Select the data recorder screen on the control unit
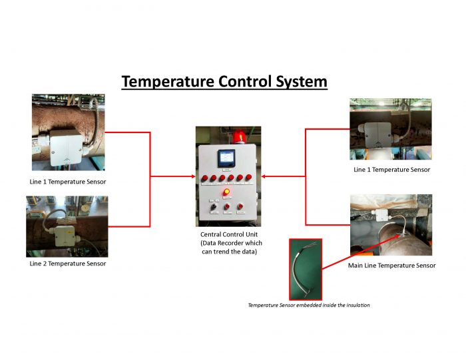point(226,159)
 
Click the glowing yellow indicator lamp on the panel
point(226,193)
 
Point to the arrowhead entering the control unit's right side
point(264,177)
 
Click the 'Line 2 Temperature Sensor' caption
point(67,264)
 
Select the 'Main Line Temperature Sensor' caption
point(391,266)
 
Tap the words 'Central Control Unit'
point(229,234)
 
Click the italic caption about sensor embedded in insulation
point(308,305)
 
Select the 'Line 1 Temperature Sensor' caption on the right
point(391,170)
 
